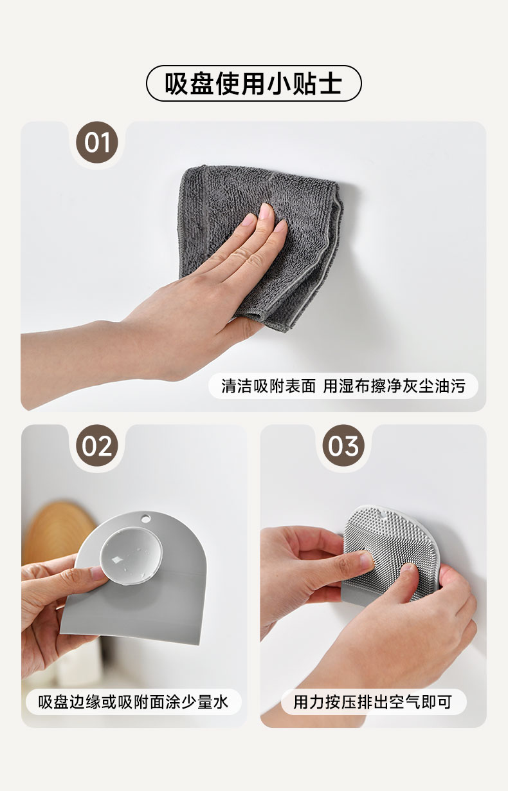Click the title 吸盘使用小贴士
pos(253,84)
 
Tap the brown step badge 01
pos(97,142)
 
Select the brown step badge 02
pos(97,445)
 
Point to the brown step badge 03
pos(343,445)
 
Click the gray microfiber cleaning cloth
pos(261,244)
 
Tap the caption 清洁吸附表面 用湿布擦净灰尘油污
pos(343,386)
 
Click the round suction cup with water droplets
pos(131,556)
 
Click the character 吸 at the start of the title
pos(176,84)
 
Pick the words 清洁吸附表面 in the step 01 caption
pos(268,386)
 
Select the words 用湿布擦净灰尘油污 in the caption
pos(394,386)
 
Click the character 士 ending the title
pos(331,84)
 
